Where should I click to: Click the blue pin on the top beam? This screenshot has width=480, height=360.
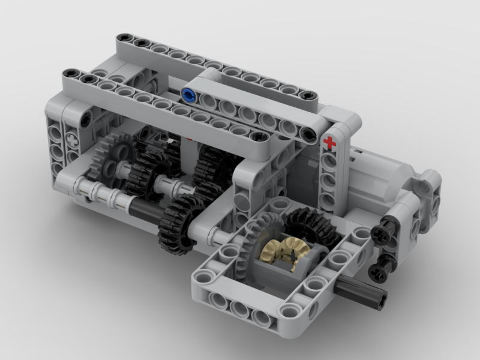[188, 94]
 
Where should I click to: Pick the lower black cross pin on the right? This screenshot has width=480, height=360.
[382, 271]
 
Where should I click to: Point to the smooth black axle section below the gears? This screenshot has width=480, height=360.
[144, 209]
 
